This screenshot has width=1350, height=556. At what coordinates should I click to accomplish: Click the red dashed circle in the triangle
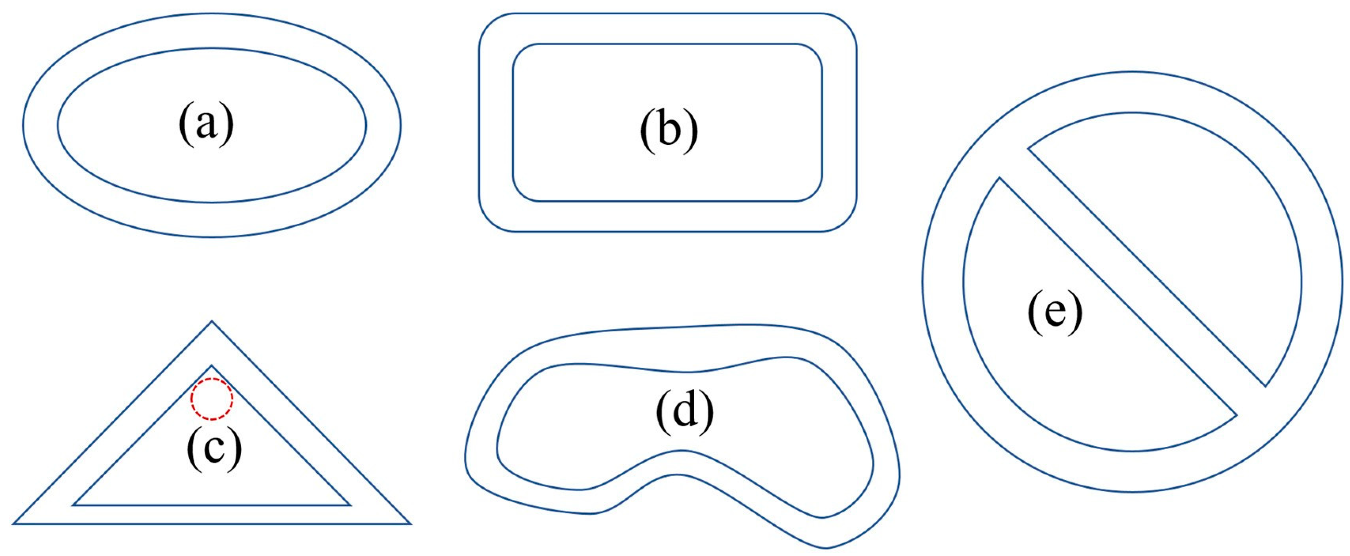pyautogui.click(x=211, y=399)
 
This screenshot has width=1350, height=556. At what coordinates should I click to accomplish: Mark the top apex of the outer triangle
pyautogui.click(x=212, y=321)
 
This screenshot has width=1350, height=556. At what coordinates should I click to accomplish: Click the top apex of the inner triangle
pyautogui.click(x=212, y=365)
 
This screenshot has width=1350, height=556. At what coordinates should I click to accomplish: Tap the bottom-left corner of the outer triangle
pyautogui.click(x=13, y=523)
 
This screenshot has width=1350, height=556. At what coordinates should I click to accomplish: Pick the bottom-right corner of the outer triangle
pyautogui.click(x=410, y=523)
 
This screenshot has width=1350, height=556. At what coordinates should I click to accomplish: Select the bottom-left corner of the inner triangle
pyautogui.click(x=73, y=505)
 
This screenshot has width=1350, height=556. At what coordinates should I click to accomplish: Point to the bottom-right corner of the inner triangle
pyautogui.click(x=350, y=505)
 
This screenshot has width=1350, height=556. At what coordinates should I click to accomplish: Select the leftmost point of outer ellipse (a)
pyautogui.click(x=22, y=125)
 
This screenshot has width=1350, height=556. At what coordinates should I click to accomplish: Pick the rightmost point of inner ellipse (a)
pyautogui.click(x=366, y=125)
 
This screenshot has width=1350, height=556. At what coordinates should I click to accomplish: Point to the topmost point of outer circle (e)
pyautogui.click(x=1132, y=72)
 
